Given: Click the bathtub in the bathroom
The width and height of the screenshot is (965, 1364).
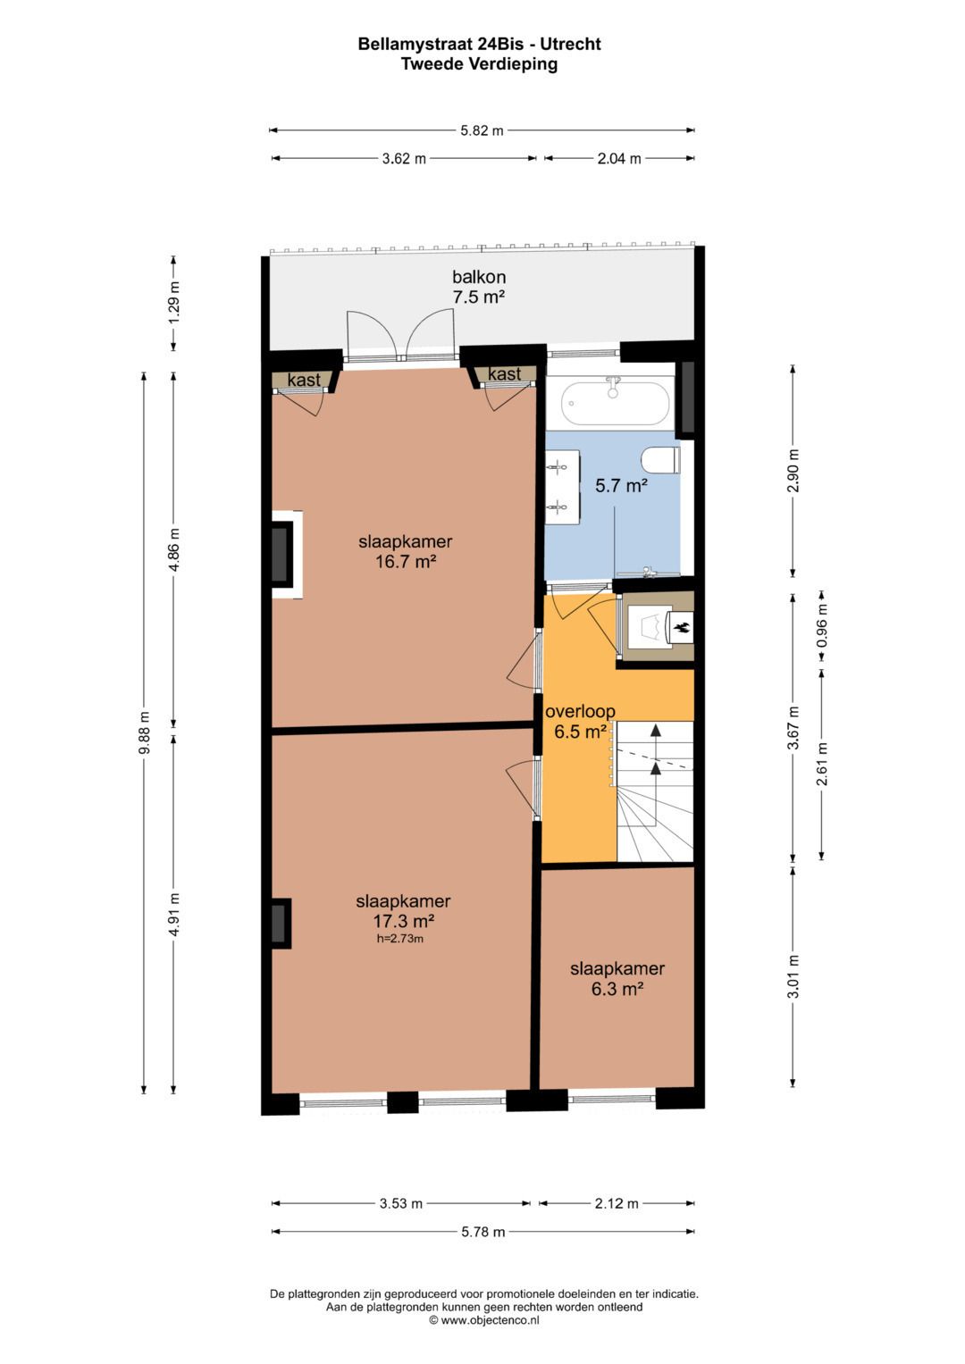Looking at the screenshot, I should point(615,404).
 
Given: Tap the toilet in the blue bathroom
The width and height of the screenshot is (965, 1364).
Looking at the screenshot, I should point(660,460).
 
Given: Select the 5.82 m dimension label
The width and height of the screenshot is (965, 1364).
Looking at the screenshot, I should point(482,130).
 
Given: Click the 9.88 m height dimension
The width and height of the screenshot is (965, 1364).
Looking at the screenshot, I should point(144,732).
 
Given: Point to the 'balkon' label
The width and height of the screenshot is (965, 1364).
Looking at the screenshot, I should point(479,277).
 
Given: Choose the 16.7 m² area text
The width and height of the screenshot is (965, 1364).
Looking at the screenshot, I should point(406,562).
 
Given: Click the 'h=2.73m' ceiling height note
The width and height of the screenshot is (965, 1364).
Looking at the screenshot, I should point(399,939).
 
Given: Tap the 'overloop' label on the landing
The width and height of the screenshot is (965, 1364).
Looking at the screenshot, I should point(580,712).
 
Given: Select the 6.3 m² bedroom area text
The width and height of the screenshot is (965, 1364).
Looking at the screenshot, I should point(617,989).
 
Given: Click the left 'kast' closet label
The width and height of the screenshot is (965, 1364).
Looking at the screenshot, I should point(304,381).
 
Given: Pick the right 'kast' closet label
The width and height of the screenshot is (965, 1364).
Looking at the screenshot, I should point(504,374).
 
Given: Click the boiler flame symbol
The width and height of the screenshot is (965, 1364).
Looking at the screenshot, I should point(683,627).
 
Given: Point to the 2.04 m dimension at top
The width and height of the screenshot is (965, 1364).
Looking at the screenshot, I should point(619,159).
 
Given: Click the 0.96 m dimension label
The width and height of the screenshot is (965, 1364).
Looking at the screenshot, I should point(822,626).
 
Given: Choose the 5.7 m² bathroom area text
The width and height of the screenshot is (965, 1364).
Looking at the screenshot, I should point(621,486).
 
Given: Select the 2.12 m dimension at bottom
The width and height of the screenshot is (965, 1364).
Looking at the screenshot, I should point(617,1203).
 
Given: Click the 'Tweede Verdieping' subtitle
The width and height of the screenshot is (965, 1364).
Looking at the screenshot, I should point(479,64).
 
